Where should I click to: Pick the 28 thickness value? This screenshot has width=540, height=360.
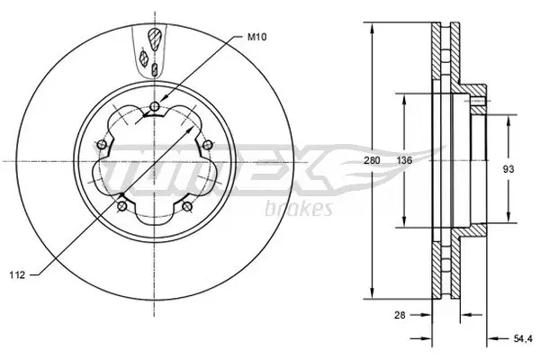[400, 314]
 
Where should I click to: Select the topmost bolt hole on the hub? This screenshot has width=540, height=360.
[154, 109]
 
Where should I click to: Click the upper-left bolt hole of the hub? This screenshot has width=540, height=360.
[102, 147]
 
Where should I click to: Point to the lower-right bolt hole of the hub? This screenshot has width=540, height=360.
[186, 207]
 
